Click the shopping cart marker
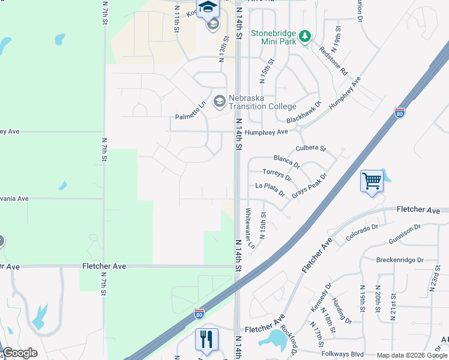372,181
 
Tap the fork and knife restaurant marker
206,340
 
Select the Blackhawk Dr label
304,112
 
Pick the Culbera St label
310,148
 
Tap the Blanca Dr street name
286,161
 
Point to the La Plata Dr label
270,189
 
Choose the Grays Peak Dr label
309,187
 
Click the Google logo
20,353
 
